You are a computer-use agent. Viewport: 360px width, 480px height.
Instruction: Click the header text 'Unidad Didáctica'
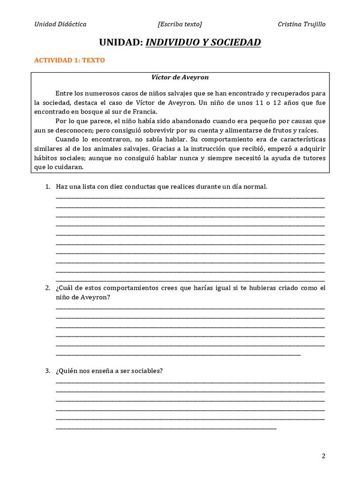click(60, 24)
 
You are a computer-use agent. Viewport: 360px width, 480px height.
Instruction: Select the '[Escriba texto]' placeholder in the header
click(180, 24)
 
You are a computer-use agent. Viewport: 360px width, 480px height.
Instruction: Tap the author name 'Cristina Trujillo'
click(301, 24)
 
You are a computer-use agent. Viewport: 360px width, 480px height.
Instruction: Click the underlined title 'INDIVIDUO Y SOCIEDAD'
click(203, 43)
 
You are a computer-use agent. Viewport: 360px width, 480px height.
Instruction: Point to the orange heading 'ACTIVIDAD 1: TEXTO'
click(70, 60)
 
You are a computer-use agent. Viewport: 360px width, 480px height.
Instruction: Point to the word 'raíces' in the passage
click(307, 130)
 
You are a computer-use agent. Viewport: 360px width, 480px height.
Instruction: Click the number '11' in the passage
click(266, 102)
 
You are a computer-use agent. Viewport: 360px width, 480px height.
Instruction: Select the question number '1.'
click(48, 187)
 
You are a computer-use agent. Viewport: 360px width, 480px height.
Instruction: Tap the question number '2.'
click(48, 288)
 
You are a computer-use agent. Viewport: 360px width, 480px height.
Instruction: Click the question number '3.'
click(48, 371)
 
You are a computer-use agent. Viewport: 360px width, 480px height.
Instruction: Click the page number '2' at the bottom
click(323, 456)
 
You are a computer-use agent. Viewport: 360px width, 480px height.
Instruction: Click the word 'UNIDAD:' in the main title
click(121, 43)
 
